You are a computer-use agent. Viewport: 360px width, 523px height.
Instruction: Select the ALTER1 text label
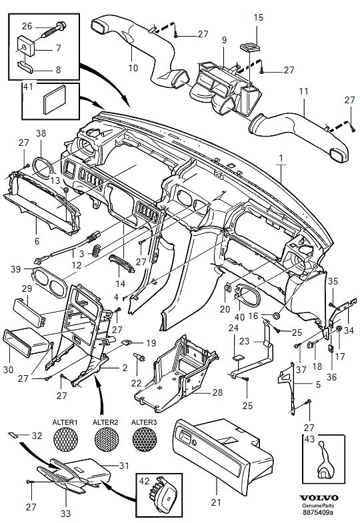65,422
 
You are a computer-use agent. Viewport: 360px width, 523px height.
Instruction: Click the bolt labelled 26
46,27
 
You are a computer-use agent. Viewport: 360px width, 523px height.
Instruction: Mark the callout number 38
41,133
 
